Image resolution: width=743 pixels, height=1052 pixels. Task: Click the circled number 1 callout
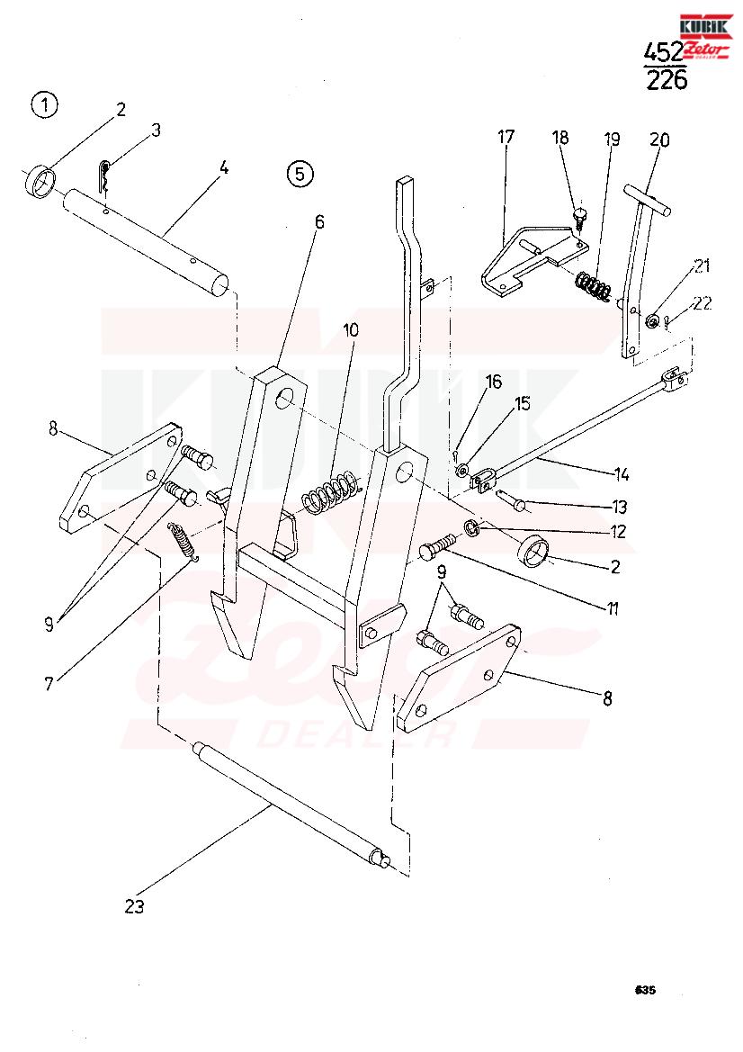click(45, 105)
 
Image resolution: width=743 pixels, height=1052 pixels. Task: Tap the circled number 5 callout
click(299, 174)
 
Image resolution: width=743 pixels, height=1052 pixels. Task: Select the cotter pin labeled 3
click(104, 175)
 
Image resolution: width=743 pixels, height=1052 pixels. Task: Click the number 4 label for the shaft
click(224, 167)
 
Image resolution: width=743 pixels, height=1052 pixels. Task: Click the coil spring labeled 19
click(595, 284)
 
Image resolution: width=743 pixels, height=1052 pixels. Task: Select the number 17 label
click(506, 138)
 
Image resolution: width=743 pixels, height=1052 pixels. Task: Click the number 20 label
click(660, 140)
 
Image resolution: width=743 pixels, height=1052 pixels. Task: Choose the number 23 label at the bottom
click(134, 906)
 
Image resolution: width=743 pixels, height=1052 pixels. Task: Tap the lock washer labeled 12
click(472, 528)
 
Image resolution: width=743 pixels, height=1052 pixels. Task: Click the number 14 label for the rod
click(622, 475)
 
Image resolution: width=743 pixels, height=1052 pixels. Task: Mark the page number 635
click(645, 990)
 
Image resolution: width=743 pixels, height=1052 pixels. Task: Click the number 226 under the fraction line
click(667, 80)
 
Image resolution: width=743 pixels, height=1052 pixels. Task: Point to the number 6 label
click(319, 222)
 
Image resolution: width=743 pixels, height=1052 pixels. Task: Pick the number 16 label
click(493, 382)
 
